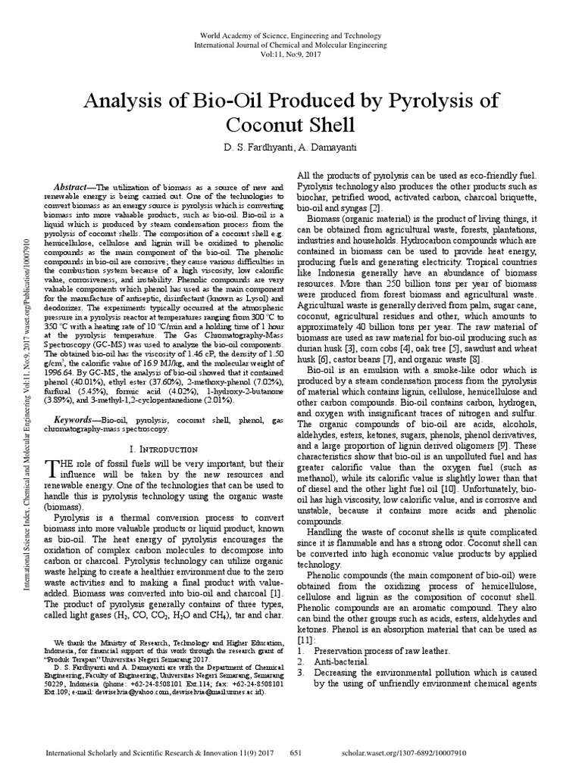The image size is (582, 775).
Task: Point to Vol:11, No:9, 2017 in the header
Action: click(291, 55)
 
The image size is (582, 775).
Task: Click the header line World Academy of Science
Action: click(291, 36)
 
